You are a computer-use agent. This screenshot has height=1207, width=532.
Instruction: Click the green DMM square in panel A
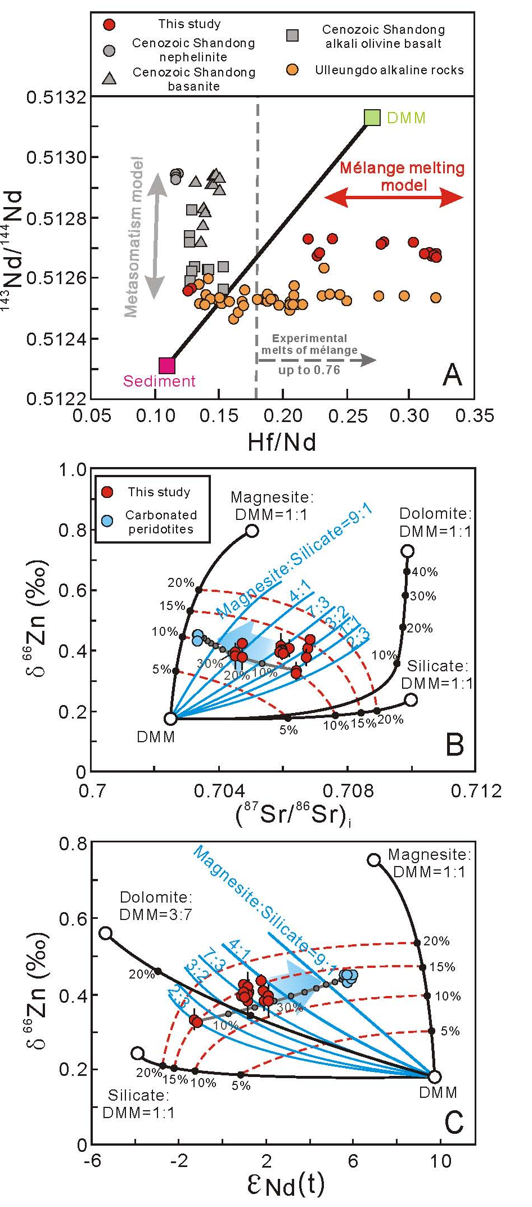(372, 117)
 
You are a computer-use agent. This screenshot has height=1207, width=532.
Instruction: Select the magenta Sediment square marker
(167, 366)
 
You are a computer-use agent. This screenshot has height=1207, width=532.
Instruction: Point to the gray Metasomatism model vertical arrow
(156, 236)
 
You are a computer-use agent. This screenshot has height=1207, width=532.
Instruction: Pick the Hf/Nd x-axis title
(282, 442)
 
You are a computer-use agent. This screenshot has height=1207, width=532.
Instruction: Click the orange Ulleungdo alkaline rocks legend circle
(292, 70)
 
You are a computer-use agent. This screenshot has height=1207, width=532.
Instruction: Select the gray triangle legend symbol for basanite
(110, 78)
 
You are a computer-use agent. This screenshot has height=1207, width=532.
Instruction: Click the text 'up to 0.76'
(309, 370)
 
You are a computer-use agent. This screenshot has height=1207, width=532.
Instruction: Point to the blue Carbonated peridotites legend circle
(107, 521)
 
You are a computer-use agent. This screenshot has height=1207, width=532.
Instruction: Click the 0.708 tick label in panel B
(349, 791)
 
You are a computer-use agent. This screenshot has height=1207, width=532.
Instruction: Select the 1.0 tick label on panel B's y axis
(73, 470)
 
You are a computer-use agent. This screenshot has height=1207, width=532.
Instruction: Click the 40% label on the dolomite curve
(425, 572)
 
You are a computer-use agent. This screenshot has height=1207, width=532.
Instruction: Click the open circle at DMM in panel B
(170, 718)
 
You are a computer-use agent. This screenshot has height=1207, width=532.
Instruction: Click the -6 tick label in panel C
(92, 1161)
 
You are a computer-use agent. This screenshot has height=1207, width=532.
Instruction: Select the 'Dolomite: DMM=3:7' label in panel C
(156, 905)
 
